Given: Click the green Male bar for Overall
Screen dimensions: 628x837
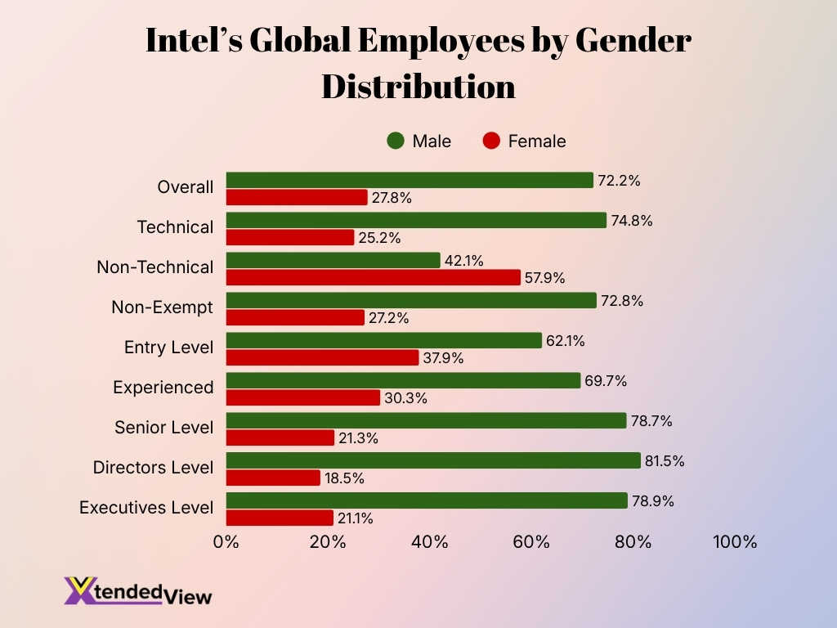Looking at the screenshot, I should [409, 180].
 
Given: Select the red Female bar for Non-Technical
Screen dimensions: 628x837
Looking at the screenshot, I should [373, 278].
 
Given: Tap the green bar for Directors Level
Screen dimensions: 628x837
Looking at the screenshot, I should [433, 460].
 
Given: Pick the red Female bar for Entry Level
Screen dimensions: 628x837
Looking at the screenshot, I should [322, 358].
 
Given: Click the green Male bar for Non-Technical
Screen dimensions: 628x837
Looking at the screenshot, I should [333, 261].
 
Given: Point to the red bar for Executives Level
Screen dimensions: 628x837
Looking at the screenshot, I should [280, 518].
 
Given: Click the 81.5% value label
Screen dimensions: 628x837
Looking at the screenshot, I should [665, 460].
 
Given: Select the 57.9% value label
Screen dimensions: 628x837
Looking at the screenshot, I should [544, 278].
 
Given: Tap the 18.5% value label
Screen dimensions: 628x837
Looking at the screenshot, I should [344, 478].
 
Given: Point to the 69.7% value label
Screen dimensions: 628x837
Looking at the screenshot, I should [604, 380].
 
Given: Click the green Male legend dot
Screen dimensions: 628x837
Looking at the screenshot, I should [396, 141].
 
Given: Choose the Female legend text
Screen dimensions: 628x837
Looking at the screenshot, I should [536, 141].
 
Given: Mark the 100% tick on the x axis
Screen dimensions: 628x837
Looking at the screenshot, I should [735, 542].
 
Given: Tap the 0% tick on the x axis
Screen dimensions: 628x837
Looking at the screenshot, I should [226, 542].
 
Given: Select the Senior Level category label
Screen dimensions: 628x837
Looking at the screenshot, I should [163, 428].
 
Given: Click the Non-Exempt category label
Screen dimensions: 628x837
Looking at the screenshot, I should [162, 307].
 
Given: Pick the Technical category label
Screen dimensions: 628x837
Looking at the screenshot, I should [175, 227].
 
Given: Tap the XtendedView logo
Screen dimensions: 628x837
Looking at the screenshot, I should [138, 591].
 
